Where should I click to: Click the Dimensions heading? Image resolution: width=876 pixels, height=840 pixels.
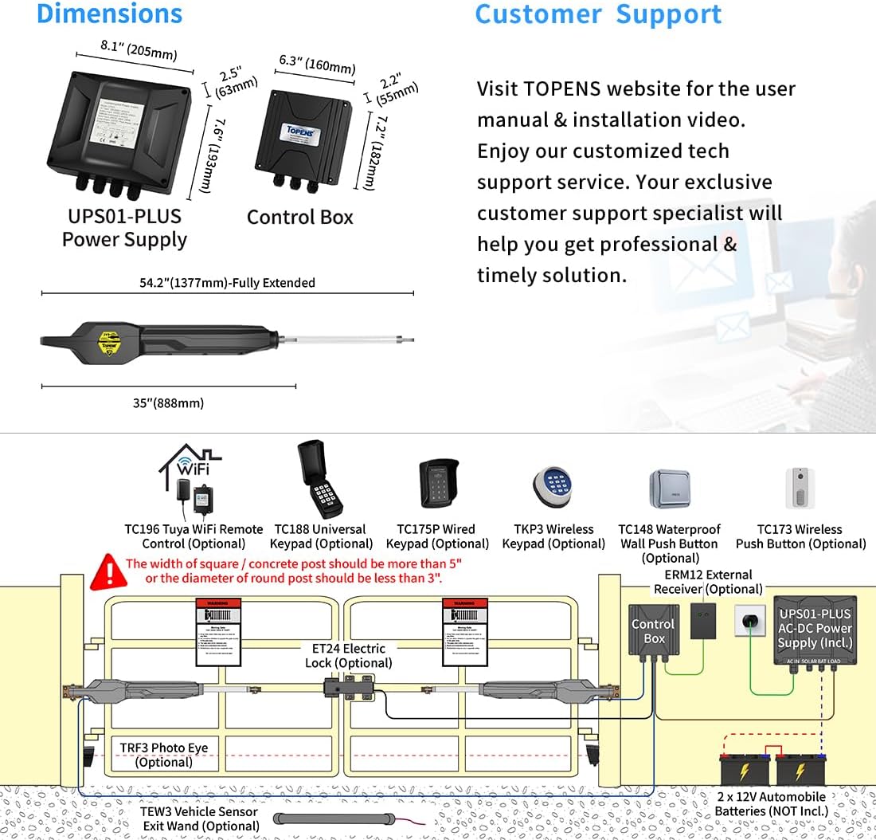pyautogui.click(x=110, y=14)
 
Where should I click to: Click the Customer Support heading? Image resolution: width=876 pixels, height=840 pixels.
pyautogui.click(x=598, y=14)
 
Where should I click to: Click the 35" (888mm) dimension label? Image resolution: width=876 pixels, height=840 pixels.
pyautogui.click(x=168, y=403)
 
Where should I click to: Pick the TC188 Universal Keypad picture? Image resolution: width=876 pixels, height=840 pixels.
pyautogui.click(x=320, y=480)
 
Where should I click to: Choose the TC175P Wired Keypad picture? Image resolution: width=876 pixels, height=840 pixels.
pyautogui.click(x=439, y=485)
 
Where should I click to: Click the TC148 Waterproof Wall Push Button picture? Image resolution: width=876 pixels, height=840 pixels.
pyautogui.click(x=669, y=488)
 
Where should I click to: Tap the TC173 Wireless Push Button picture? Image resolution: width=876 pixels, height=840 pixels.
pyautogui.click(x=800, y=488)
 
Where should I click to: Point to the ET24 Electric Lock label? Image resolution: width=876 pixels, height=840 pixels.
pyautogui.click(x=348, y=656)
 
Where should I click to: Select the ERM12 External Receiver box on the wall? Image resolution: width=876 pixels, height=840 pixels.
pyautogui.click(x=702, y=621)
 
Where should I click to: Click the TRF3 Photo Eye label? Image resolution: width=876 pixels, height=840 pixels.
pyautogui.click(x=164, y=755)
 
